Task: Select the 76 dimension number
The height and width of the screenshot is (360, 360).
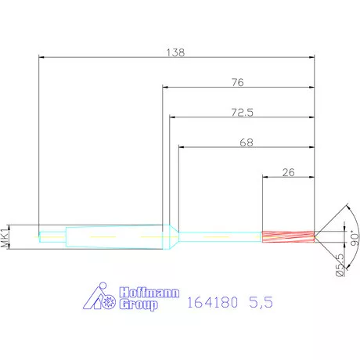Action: (x=238, y=81)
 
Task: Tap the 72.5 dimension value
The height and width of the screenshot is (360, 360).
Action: (x=243, y=113)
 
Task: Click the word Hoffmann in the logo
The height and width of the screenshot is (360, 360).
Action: (x=147, y=293)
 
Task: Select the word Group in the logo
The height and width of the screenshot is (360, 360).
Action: (x=139, y=304)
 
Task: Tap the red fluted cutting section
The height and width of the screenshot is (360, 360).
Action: (x=287, y=234)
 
